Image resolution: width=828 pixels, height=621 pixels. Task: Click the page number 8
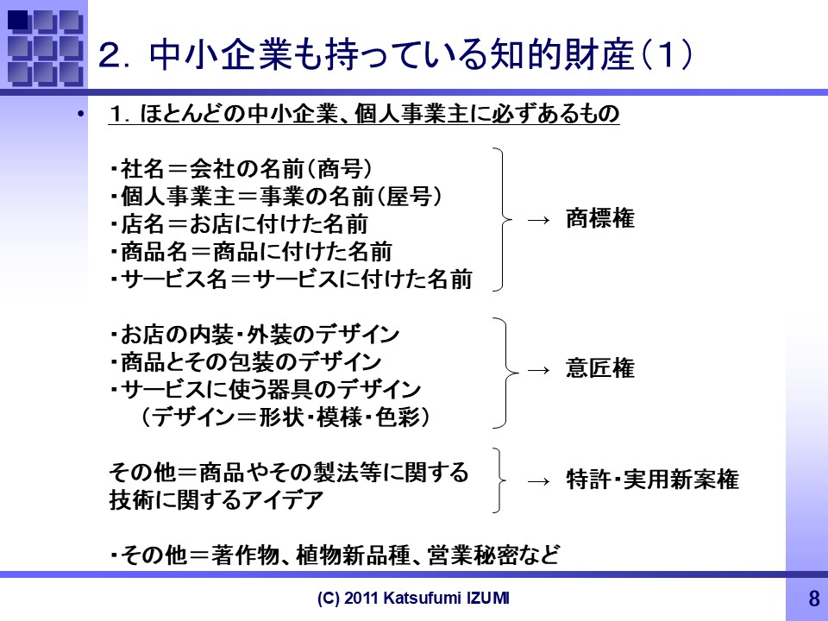[813, 599]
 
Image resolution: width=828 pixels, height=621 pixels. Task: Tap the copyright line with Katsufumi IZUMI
[413, 598]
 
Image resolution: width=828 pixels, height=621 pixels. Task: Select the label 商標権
[600, 218]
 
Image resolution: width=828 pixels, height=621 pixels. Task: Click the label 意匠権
[600, 368]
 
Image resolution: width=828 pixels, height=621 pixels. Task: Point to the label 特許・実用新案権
[652, 480]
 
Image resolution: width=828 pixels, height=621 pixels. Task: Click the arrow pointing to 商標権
[538, 220]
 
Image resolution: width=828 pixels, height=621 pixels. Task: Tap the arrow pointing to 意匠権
[538, 370]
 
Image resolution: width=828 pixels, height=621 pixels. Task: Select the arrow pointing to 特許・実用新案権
[538, 481]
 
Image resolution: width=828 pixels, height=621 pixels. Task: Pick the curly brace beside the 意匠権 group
[506, 373]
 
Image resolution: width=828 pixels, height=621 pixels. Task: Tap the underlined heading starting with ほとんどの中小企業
[364, 114]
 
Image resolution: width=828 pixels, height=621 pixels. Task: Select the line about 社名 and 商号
[241, 169]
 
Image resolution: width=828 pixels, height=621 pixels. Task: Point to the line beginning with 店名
[239, 224]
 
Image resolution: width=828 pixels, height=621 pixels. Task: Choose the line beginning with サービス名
[292, 279]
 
